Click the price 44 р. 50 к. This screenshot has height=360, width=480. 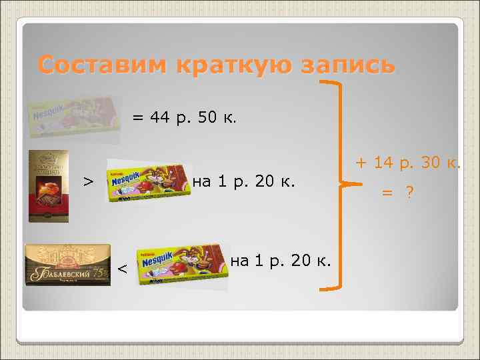coord(193,118)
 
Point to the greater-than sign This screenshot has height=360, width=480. coord(87,181)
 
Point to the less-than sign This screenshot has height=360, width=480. coord(122,269)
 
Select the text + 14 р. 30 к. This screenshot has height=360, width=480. coord(407,162)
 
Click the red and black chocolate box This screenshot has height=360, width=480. coord(48,186)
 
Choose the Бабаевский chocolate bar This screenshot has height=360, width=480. coord(67,265)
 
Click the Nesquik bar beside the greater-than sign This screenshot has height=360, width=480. coord(146,180)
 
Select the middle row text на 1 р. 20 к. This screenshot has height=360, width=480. coord(243,181)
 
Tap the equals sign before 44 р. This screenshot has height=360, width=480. coord(137,118)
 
